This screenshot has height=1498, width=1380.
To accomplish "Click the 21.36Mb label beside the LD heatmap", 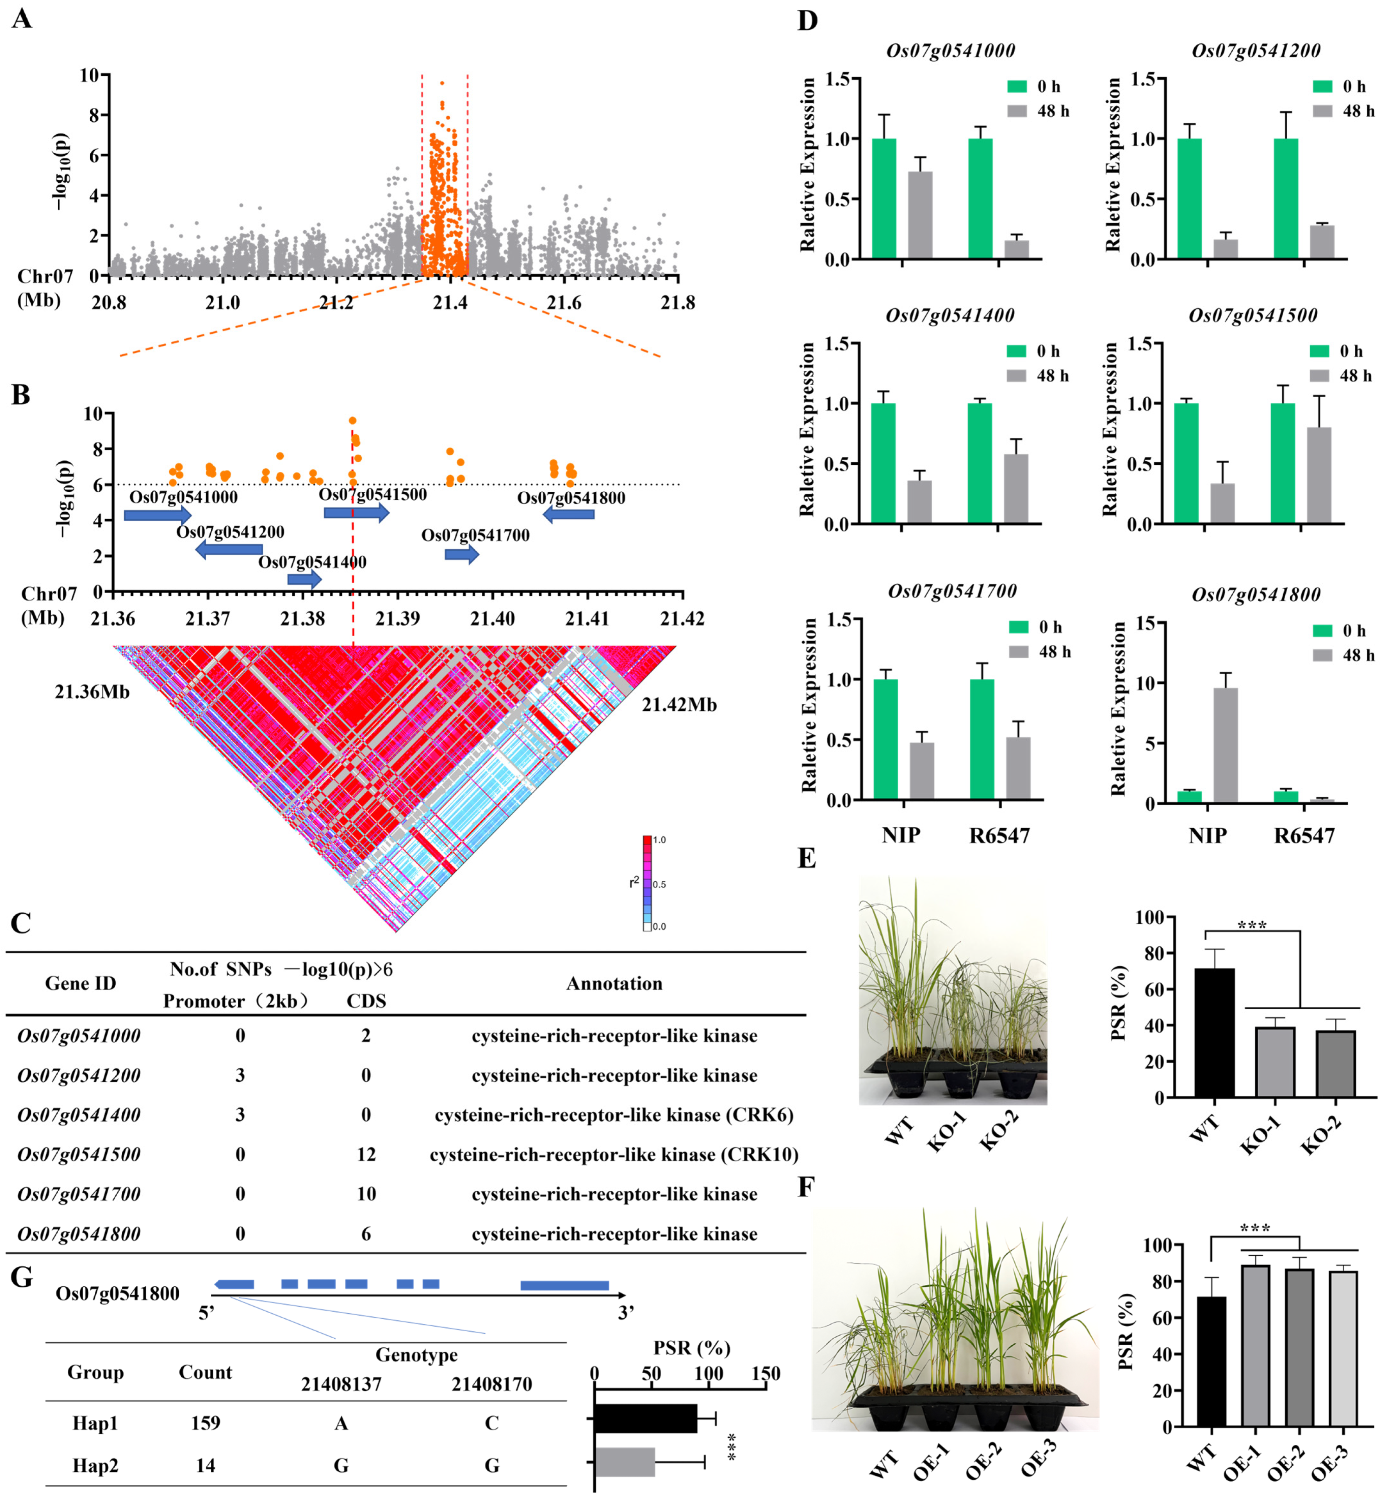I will [92, 692].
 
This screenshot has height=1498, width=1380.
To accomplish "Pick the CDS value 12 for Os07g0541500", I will [366, 1155].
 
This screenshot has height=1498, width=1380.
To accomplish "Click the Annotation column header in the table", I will [614, 983].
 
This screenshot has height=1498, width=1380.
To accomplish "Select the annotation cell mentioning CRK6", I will [614, 1115].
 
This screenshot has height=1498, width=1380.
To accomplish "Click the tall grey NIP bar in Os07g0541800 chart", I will [1225, 745].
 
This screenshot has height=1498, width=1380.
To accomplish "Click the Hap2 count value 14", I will [205, 1466].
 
